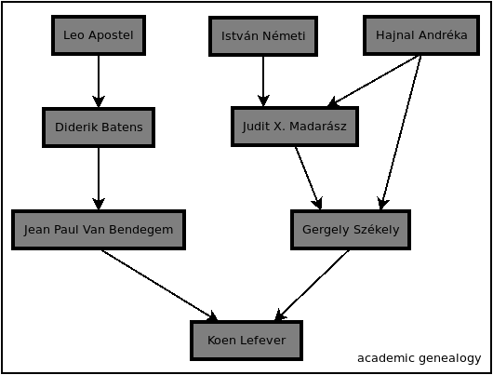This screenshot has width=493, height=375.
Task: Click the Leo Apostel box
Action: (99, 35)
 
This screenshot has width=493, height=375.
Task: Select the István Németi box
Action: (263, 36)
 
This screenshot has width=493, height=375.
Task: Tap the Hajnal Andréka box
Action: (421, 35)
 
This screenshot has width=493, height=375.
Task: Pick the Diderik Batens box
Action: (99, 127)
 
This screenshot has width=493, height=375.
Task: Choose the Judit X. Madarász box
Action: (295, 127)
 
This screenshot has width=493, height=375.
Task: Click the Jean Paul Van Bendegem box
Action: (99, 230)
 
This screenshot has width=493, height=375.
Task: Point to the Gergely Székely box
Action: (351, 230)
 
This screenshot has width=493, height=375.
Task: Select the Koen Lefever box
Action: (246, 341)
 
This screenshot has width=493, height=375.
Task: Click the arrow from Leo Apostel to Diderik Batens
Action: (99, 82)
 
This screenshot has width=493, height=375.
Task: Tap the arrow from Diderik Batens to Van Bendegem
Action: (99, 179)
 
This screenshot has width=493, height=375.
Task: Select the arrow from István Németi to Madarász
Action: (263, 82)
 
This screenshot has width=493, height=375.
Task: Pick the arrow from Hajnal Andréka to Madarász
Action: (374, 81)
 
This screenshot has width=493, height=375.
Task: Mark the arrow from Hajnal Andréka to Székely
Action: (401, 132)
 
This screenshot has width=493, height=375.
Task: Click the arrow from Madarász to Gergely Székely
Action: (308, 178)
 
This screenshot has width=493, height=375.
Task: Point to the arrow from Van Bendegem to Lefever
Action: (160, 286)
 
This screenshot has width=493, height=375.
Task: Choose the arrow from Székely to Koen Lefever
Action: (312, 286)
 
